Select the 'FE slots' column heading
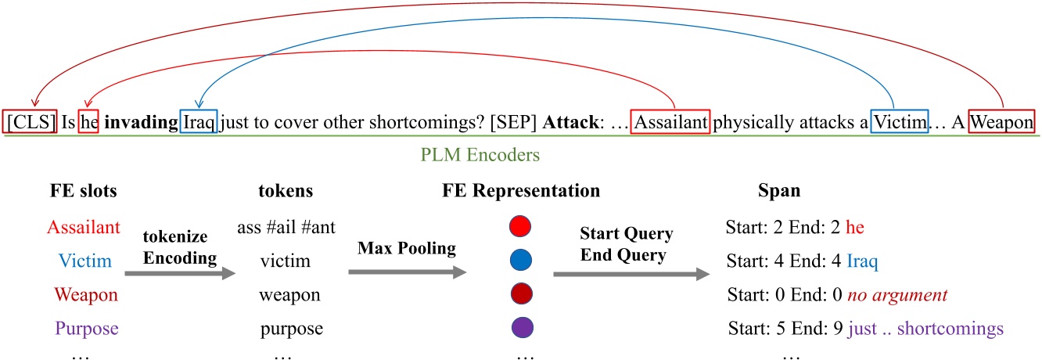click(x=83, y=192)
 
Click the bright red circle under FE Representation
click(x=519, y=227)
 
